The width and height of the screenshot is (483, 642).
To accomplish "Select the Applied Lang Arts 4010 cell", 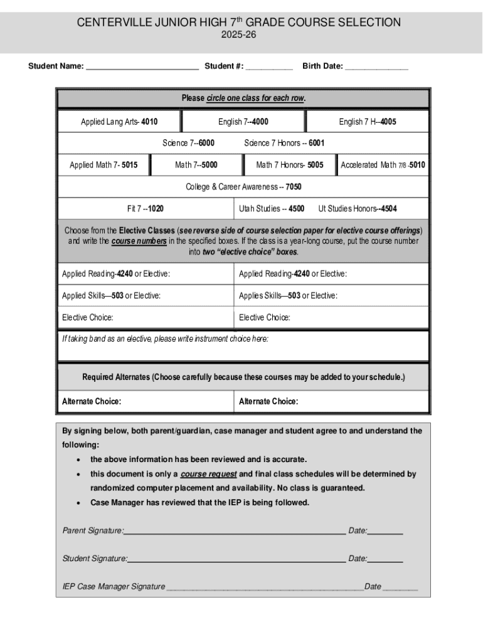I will coord(119,122).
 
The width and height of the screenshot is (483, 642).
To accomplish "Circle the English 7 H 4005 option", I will coord(368,122).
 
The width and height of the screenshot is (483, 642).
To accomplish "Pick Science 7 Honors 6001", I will coord(284,143).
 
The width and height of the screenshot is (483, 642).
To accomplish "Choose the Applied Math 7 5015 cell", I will coord(103,165).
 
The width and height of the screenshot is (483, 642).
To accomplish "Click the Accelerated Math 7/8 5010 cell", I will coord(383,165).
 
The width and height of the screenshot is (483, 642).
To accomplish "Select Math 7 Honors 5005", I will coord(290,165).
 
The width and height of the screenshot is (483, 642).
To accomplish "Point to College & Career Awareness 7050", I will coord(243,187).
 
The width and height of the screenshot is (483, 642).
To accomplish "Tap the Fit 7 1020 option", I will coord(146,209).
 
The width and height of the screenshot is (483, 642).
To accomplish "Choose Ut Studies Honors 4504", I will coord(358,209).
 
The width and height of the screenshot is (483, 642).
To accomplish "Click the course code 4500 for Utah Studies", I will coord(297,209).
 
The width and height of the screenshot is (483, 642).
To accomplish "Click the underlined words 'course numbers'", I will coord(139,241).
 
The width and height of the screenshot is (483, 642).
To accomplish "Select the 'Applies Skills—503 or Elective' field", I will coord(288,295).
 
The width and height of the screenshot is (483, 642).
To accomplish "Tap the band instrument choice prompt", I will coord(165,339).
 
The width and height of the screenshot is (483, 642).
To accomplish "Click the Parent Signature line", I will coord(235,532).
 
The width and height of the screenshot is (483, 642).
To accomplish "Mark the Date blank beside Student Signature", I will coord(385,559).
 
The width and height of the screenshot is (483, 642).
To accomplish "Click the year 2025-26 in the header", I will coord(238,35).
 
